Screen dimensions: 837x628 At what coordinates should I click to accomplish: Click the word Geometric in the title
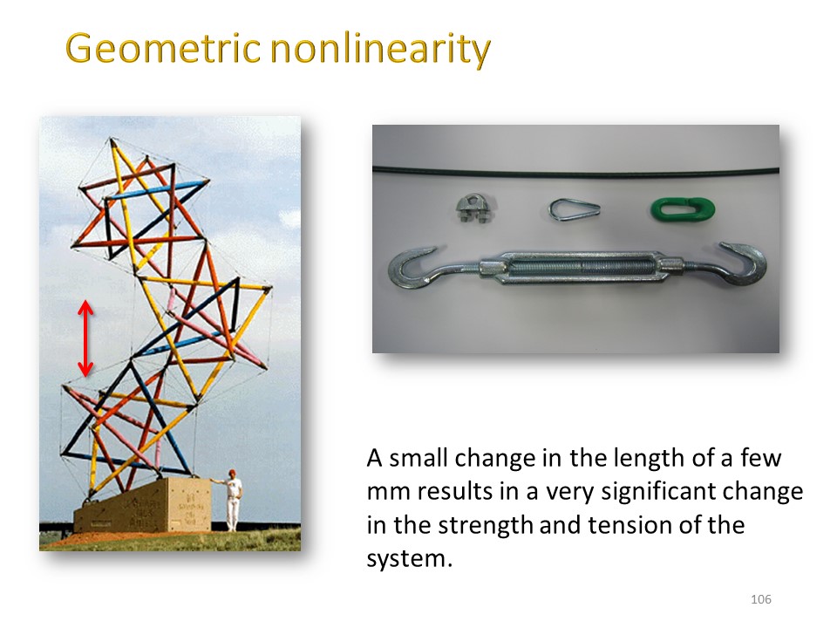tap(162, 49)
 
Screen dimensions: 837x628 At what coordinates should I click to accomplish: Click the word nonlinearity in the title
tap(380, 49)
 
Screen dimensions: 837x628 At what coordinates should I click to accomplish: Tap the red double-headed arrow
tap(85, 338)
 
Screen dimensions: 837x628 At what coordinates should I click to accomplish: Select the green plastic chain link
tap(683, 208)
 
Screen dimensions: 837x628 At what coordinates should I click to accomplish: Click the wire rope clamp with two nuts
tap(476, 208)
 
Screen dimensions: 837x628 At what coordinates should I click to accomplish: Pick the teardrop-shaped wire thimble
tap(574, 208)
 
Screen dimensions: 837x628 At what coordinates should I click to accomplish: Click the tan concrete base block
tap(139, 506)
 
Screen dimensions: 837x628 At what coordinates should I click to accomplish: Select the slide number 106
tap(760, 599)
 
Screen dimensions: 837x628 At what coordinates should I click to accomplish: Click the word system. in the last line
tap(410, 559)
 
